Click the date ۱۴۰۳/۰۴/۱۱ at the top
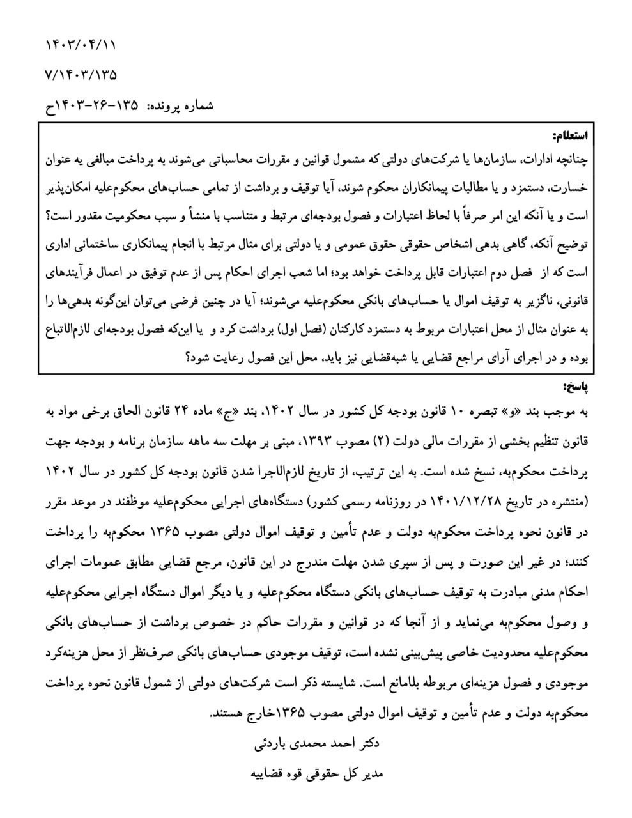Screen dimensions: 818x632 (x=82, y=45)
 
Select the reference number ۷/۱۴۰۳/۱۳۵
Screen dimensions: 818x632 (x=82, y=75)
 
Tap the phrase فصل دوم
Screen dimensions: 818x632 (x=493, y=273)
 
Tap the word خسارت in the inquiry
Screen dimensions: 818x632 (x=570, y=188)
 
